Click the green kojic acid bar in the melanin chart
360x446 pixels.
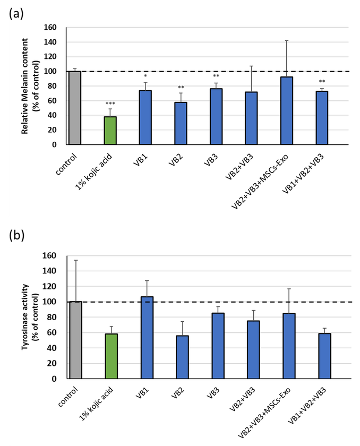click(x=109, y=130)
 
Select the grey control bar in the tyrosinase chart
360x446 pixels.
click(x=75, y=340)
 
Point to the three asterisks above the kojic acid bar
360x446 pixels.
click(x=109, y=104)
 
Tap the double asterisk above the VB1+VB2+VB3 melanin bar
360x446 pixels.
click(x=322, y=82)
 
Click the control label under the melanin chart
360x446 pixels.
click(x=68, y=162)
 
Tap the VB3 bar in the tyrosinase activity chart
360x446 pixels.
click(x=217, y=346)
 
